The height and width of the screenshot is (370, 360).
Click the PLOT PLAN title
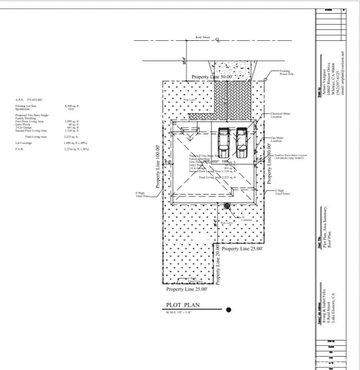coord(182,305)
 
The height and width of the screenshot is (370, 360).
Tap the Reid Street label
coord(202,37)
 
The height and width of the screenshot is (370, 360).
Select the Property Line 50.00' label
coord(212,77)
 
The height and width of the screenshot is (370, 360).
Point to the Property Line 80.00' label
coord(270,164)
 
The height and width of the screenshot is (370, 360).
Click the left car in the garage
coord(224,142)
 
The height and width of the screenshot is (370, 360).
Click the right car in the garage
coord(242,142)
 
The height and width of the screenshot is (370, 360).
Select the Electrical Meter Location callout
coord(281,115)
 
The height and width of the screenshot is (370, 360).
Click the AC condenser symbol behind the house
coord(227,206)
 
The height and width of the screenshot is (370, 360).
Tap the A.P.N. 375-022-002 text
coord(29,100)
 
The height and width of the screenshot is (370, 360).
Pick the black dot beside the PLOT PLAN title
coord(229,310)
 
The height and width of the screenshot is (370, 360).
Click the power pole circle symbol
coord(265,79)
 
